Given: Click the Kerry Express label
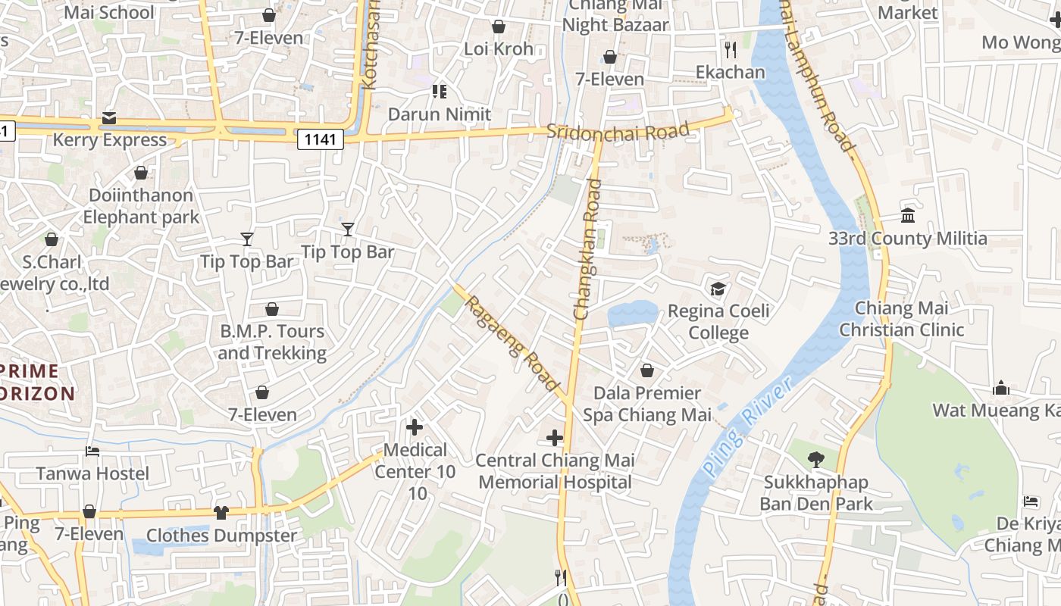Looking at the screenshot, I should point(109,140).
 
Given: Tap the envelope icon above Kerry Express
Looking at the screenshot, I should point(109,118).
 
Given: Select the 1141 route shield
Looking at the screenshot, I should point(321,139).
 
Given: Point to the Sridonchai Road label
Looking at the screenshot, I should point(618,131).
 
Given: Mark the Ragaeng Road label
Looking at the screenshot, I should point(512,343).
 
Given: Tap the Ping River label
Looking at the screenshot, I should point(746,428).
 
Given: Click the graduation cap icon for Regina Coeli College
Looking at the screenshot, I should point(717,289).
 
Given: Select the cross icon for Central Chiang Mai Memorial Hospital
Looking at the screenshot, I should point(555,437).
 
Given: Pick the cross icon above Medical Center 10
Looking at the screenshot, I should point(415,427).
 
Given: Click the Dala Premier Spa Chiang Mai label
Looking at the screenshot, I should point(647,404).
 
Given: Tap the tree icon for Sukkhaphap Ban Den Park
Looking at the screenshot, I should point(815,458).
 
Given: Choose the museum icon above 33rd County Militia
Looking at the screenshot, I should point(907,216).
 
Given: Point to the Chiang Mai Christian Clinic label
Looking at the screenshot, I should point(901,319).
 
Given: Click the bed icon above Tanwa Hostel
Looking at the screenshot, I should point(92,451).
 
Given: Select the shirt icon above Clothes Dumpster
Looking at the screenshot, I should point(221,513).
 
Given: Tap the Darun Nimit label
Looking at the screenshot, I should point(440,114).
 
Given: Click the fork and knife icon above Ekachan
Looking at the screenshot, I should point(731,50).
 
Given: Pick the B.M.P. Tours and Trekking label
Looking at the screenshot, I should point(272,342).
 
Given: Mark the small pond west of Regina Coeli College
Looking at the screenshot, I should point(632,313).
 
